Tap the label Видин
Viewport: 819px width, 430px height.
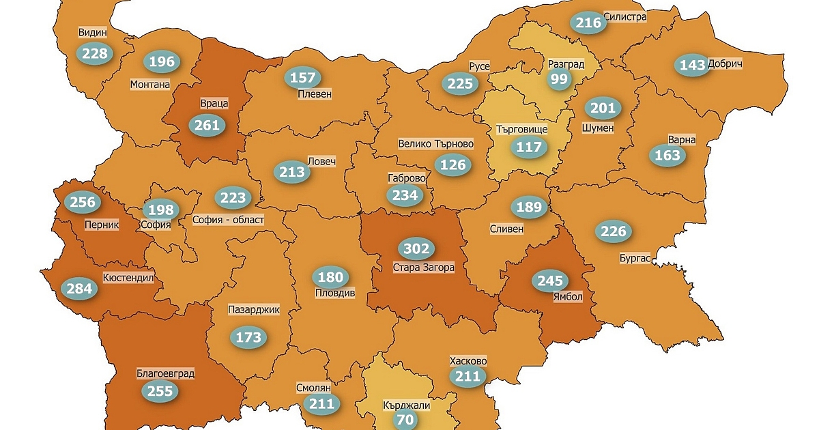[x=92, y=32]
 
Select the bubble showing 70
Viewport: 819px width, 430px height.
[x=405, y=420]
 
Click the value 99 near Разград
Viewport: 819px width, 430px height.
[x=559, y=79]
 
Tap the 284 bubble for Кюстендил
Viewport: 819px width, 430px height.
[x=79, y=289]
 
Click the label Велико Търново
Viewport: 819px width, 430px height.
[x=435, y=144]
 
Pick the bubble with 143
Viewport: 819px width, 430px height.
[x=692, y=66]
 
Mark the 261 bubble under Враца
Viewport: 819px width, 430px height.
[x=207, y=125]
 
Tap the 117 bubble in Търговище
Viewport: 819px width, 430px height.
[x=529, y=147]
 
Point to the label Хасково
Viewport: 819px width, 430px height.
[x=468, y=361]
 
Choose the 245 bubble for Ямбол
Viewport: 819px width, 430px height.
[x=550, y=281]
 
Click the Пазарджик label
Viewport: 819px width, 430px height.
[x=254, y=310]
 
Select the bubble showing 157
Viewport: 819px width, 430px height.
[x=302, y=78]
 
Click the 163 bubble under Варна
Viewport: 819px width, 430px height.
[x=667, y=156]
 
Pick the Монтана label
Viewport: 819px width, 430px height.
[x=149, y=85]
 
